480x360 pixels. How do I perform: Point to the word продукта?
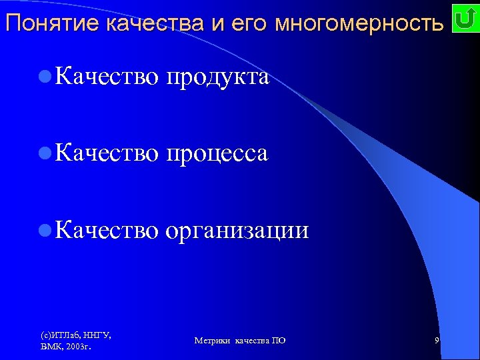[217, 77]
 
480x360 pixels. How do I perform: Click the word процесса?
[217, 153]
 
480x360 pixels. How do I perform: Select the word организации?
[237, 230]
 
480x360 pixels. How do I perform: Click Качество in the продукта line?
[107, 77]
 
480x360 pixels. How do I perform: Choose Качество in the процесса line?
[107, 153]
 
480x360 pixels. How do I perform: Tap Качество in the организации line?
[107, 230]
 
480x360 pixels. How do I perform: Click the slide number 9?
[436, 341]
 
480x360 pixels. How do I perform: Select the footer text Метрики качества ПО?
[240, 341]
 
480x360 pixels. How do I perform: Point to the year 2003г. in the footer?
[79, 347]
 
